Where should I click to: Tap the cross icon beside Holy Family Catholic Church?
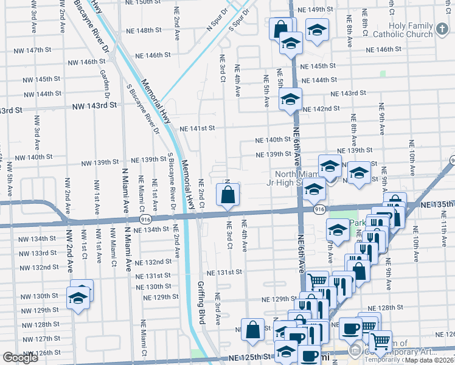[x=443, y=28]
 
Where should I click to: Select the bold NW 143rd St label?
[x=94, y=105]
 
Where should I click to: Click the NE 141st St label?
[x=198, y=128]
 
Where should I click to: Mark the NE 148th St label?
[x=144, y=30]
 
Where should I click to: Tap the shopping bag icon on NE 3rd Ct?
[x=227, y=196]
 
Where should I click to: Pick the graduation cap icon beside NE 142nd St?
[x=290, y=99]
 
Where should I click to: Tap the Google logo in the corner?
[x=20, y=358]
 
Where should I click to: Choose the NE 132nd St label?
[x=153, y=262]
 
